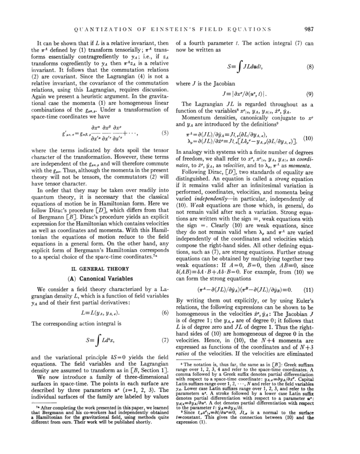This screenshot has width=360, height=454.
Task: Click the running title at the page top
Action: coord(172,29)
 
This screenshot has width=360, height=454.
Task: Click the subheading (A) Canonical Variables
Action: coord(100,278)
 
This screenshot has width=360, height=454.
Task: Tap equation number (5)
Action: coord(164,133)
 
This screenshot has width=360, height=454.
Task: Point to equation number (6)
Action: coord(164,313)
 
